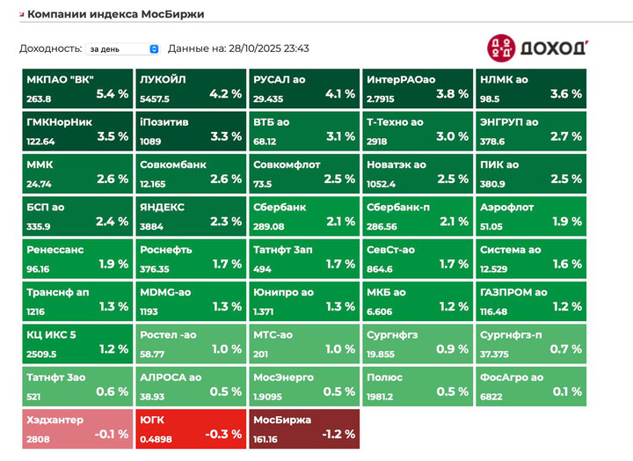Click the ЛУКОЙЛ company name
[162, 79]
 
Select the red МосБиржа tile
[303, 428]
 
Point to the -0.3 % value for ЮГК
[224, 434]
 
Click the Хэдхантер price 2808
[39, 438]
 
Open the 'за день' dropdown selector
[123, 49]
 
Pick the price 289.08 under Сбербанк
[270, 225]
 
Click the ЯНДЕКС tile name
[162, 207]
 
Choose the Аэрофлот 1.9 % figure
[565, 221]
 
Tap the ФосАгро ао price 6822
[491, 396]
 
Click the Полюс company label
[384, 377]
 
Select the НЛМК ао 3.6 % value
[565, 93]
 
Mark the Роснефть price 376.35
[154, 268]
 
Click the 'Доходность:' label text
[50, 49]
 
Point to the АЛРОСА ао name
[170, 377]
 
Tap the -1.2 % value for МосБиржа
[338, 434]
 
